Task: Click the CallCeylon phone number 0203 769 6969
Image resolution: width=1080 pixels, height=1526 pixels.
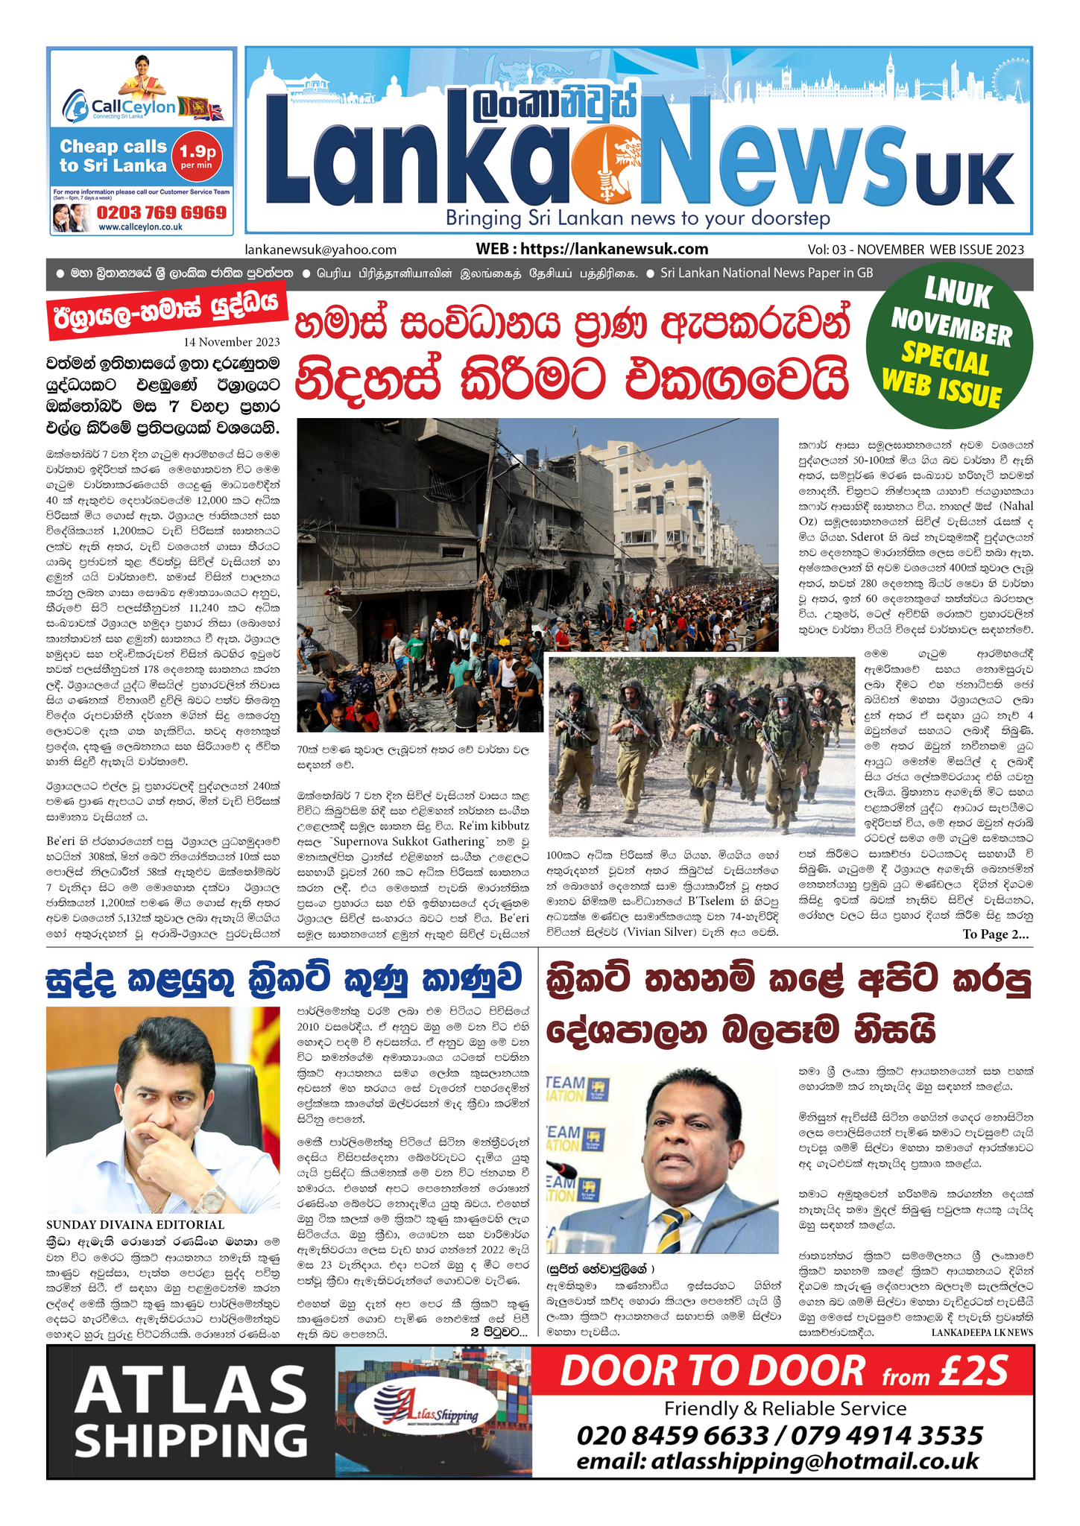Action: tap(161, 212)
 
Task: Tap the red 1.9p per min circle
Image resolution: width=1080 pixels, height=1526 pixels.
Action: tap(197, 157)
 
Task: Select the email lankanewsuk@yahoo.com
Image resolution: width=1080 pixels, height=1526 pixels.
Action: tap(320, 250)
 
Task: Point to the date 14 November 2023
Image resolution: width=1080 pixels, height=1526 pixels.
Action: tap(232, 342)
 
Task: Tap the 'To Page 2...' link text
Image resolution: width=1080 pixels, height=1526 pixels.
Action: tap(995, 934)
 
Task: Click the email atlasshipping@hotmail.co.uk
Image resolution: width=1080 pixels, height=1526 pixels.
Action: tap(777, 1461)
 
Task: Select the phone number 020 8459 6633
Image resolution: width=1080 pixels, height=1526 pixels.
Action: tap(672, 1435)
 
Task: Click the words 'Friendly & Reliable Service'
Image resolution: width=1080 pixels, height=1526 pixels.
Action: tap(785, 1408)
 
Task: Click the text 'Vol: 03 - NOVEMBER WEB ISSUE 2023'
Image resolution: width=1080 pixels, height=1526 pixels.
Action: tap(915, 250)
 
